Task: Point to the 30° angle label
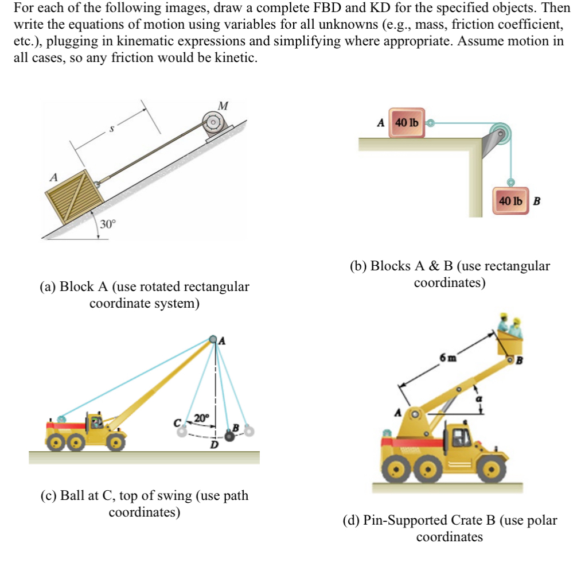[107, 224]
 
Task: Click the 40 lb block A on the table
[407, 122]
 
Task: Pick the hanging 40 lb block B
[510, 201]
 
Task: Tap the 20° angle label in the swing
[202, 417]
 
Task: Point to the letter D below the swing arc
[213, 445]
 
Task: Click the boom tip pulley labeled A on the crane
[215, 339]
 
